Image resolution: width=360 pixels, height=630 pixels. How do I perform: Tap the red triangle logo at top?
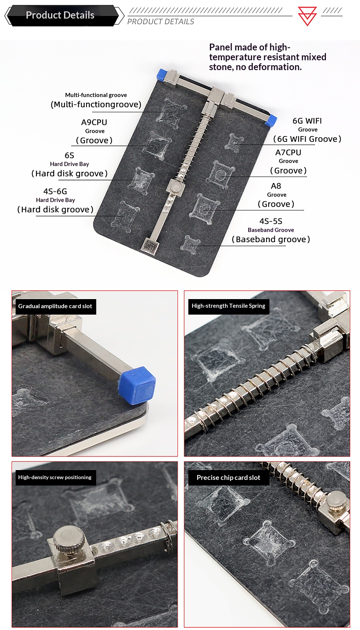tap(307, 16)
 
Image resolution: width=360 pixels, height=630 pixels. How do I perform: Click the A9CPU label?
tap(94, 122)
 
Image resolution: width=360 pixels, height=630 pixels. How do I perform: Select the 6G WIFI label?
tap(307, 121)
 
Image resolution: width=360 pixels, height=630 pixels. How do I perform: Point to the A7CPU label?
tap(288, 152)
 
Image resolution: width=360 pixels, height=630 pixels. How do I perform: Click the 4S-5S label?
tap(271, 221)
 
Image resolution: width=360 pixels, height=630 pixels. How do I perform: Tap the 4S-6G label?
tap(55, 191)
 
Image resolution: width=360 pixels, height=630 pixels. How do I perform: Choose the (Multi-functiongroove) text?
tap(96, 105)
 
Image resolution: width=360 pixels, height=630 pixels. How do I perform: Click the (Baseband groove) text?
tap(271, 239)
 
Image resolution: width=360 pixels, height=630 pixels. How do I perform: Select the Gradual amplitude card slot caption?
tap(55, 306)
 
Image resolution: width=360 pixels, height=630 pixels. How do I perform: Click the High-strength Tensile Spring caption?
tap(229, 306)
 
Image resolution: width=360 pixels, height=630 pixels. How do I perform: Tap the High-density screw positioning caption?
tap(55, 477)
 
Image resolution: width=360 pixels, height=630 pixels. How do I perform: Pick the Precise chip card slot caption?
tap(229, 478)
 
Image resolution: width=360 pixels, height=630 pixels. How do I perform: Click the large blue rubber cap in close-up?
tap(137, 385)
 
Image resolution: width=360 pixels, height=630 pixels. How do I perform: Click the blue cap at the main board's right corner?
tap(271, 120)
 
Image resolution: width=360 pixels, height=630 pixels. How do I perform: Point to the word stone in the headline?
tap(221, 67)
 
